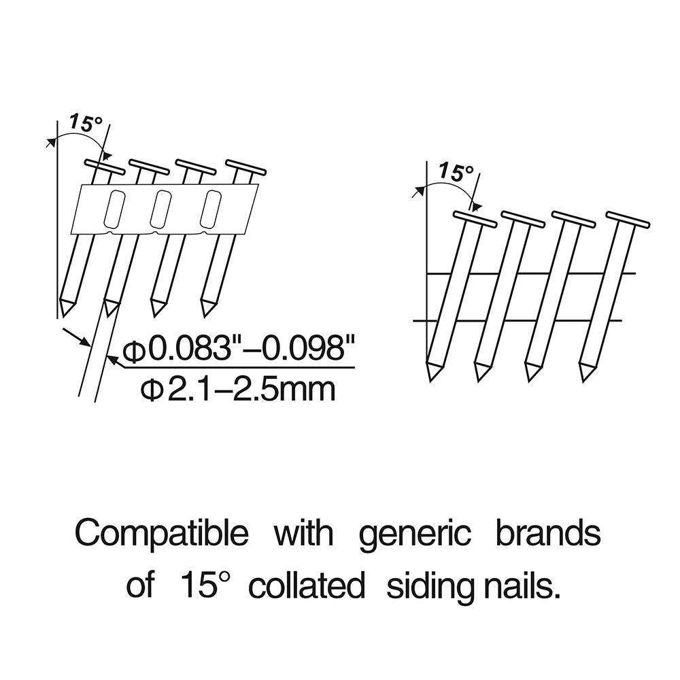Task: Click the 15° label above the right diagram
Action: [x=456, y=172]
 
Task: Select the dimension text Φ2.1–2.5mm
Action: [x=237, y=390]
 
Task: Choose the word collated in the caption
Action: [x=307, y=585]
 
